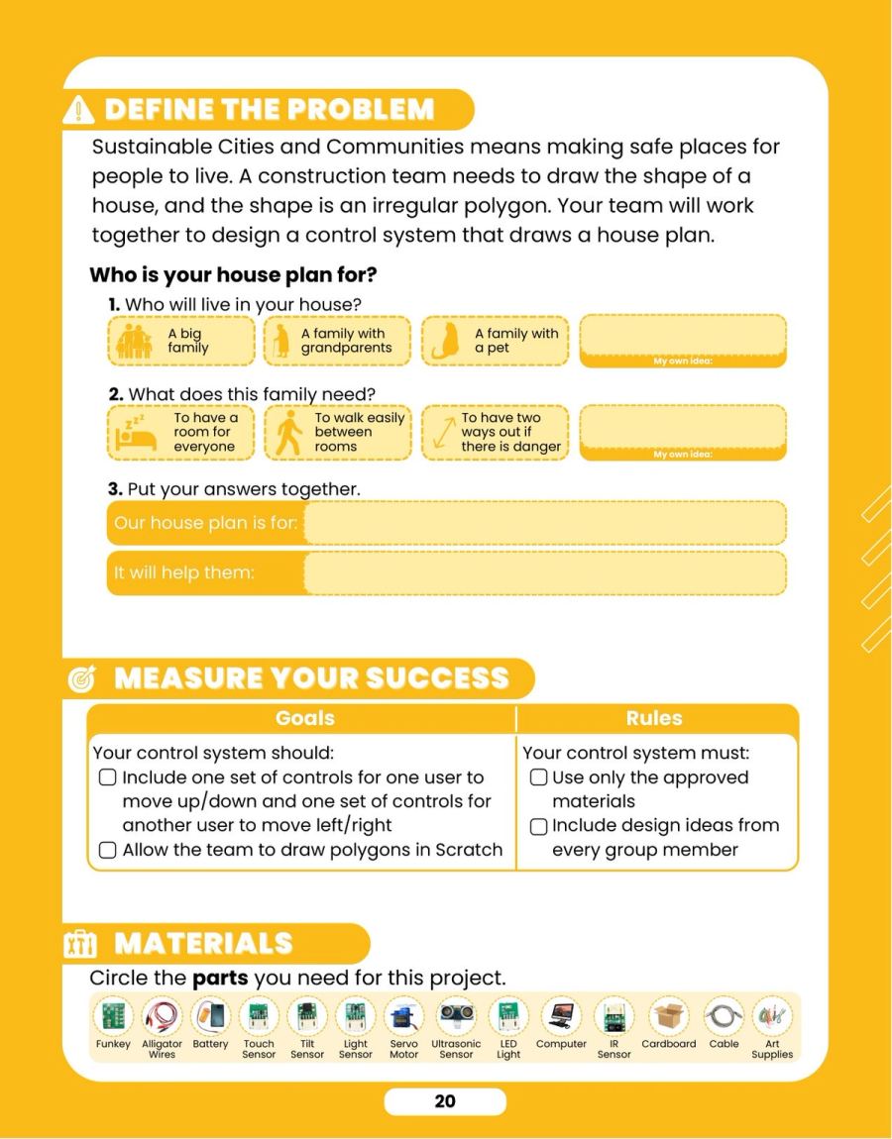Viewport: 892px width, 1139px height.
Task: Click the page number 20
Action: tap(445, 1101)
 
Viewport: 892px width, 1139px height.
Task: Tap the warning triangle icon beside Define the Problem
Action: tap(78, 110)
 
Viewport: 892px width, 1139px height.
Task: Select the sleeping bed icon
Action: tap(136, 434)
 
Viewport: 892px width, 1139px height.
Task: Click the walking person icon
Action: tap(289, 433)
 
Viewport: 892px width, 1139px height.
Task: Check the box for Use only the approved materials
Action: tap(539, 777)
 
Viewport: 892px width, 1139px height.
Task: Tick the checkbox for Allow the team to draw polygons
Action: tap(108, 850)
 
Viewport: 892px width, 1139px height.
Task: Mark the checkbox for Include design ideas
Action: tap(539, 827)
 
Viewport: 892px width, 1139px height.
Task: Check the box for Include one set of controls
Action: tap(108, 777)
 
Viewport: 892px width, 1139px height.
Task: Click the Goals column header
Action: tap(305, 718)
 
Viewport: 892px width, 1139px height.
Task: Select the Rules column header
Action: tap(654, 718)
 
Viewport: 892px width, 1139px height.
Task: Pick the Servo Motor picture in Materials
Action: tap(404, 1015)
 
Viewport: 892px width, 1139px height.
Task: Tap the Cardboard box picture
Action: tap(669, 1015)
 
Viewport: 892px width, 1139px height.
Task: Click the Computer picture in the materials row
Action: tap(561, 1015)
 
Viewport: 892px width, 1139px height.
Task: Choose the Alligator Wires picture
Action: tap(163, 1015)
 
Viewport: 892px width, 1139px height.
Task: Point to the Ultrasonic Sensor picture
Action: tap(457, 1015)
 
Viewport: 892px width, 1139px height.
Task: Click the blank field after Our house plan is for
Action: tap(544, 523)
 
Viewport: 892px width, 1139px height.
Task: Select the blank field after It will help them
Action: tap(544, 573)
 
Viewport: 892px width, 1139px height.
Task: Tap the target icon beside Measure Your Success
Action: tap(81, 678)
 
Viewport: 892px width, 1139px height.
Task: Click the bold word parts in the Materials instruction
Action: tap(220, 979)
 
